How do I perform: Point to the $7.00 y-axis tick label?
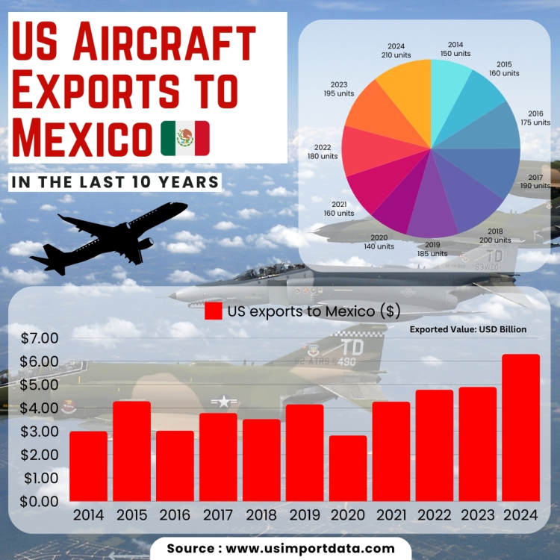(x=40, y=338)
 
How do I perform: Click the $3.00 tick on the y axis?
(x=40, y=432)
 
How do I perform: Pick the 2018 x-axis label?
(x=261, y=514)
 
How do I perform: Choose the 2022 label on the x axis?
(x=435, y=514)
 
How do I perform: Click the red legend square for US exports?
(x=214, y=311)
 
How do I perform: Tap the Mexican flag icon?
(x=185, y=138)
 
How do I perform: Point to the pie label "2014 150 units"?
(x=455, y=49)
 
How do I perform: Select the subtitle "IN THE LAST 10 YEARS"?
(x=115, y=181)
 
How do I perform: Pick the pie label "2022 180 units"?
(x=323, y=152)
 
